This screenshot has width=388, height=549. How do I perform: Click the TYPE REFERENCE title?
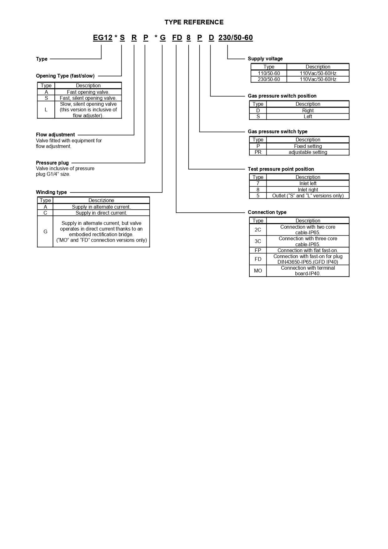[x=194, y=22]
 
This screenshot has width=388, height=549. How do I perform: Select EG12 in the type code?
[x=103, y=38]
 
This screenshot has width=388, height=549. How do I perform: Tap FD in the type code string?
[x=177, y=38]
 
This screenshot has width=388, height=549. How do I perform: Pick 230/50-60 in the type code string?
[x=236, y=38]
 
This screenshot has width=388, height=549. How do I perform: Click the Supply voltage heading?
[x=265, y=59]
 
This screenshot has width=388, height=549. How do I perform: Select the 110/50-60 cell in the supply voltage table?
[x=269, y=73]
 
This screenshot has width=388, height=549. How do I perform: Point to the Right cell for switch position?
[x=308, y=110]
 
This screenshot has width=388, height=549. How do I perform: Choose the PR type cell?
[x=258, y=152]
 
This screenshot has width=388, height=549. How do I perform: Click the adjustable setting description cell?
[x=308, y=152]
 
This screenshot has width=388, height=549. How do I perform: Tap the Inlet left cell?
[x=308, y=184]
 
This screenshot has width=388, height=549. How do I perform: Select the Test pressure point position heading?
[x=281, y=169]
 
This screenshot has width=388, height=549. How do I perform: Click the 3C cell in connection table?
[x=258, y=241]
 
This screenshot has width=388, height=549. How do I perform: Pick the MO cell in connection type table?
[x=258, y=271]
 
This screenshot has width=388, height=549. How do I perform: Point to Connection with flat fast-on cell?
[x=308, y=250]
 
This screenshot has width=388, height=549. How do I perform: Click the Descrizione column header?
[x=101, y=201]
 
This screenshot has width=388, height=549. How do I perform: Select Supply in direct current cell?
[x=101, y=213]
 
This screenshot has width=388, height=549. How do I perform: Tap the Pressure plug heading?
[x=52, y=163]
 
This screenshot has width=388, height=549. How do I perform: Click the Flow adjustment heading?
[x=55, y=135]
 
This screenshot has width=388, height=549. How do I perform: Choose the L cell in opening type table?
[x=46, y=110]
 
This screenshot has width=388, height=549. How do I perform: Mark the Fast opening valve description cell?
[x=88, y=92]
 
